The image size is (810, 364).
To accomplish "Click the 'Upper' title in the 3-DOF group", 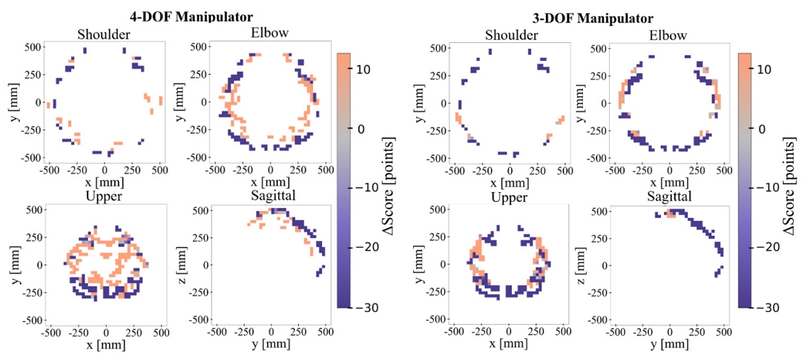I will point(509,198).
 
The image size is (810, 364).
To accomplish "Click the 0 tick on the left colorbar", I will point(363,128).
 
